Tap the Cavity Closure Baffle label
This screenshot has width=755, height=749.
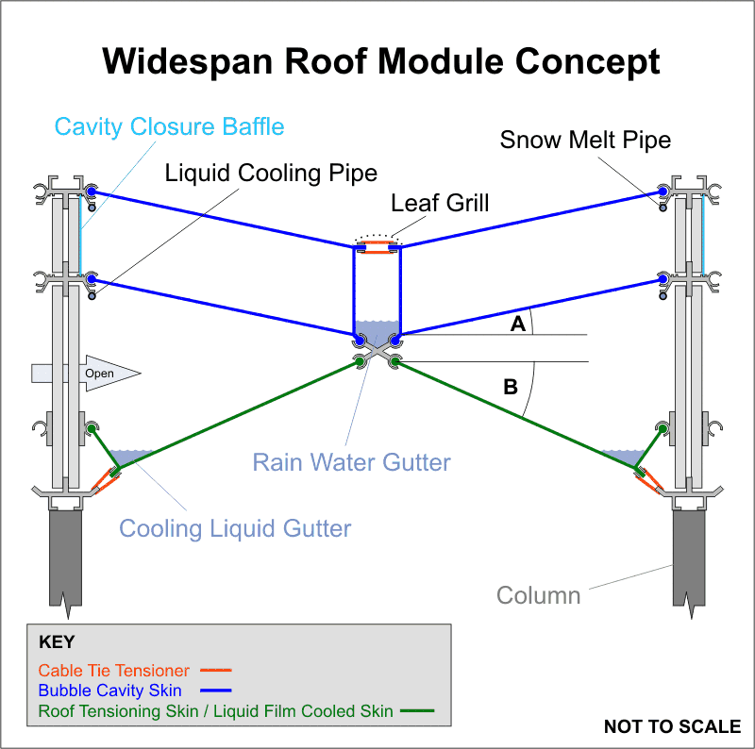(169, 126)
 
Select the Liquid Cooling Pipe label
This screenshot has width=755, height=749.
(271, 174)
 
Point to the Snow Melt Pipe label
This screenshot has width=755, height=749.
(585, 141)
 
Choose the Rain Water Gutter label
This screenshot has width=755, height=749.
(351, 462)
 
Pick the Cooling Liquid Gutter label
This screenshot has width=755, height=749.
(235, 528)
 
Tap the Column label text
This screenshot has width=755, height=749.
(539, 595)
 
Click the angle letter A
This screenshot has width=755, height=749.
(517, 325)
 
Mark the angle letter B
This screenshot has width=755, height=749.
(511, 386)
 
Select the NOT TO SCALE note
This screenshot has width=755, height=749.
(672, 726)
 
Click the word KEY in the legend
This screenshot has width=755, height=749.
(57, 642)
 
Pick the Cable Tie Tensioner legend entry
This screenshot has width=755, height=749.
(114, 671)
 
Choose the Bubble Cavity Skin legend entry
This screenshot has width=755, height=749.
(110, 691)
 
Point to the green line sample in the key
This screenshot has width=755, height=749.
(417, 711)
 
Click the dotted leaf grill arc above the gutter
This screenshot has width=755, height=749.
(377, 236)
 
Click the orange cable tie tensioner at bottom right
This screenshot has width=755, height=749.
(649, 481)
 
